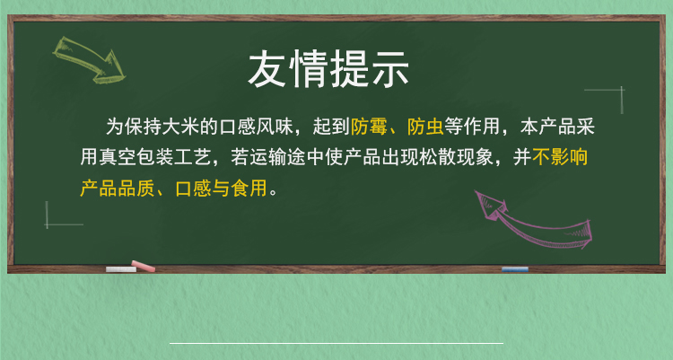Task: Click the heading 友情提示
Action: click(x=328, y=69)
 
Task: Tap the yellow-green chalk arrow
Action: click(x=88, y=59)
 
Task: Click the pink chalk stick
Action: click(x=144, y=267)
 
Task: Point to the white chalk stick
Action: click(x=121, y=269)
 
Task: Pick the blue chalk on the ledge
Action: click(x=515, y=269)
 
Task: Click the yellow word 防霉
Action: click(x=369, y=127)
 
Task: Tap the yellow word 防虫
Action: click(x=425, y=127)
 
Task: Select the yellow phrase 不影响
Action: click(x=560, y=157)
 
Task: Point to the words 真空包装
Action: click(x=136, y=157)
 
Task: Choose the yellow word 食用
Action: click(x=249, y=189)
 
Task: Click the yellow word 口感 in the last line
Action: click(x=193, y=189)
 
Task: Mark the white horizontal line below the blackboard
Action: click(x=336, y=343)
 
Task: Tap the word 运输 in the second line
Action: click(x=268, y=157)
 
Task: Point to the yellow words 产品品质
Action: click(x=118, y=189)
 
